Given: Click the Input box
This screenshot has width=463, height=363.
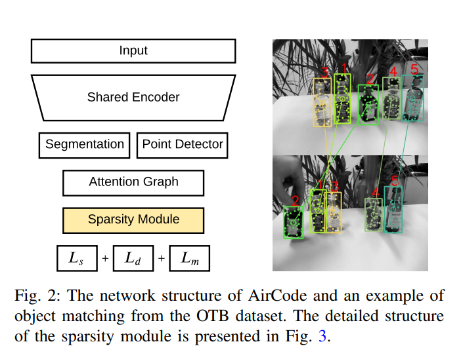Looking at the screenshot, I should coord(133,51).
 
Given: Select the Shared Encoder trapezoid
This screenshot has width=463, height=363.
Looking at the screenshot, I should coord(133,98).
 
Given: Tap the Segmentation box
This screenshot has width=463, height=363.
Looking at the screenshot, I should coord(84,145).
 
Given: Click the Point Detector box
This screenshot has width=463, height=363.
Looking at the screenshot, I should coord(183,145).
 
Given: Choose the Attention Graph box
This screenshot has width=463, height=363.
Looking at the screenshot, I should coord(133,182).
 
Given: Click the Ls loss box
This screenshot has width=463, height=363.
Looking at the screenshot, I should coord(76,259).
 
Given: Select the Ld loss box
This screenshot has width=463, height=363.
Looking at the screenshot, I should coord(133,259).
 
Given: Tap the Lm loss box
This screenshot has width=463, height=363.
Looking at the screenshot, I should coord(190,259).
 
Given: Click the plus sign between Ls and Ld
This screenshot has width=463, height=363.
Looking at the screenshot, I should coord(105,259).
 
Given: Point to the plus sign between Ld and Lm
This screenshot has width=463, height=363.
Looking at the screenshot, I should coord(162,259).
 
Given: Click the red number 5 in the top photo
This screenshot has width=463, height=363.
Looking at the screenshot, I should coord(414,69).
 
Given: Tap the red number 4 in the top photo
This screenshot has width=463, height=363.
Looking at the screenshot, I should coord(393,71).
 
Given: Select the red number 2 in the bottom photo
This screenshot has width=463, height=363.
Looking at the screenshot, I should coord(296,201).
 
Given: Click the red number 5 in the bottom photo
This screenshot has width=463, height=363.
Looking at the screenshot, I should coord(395,180).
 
